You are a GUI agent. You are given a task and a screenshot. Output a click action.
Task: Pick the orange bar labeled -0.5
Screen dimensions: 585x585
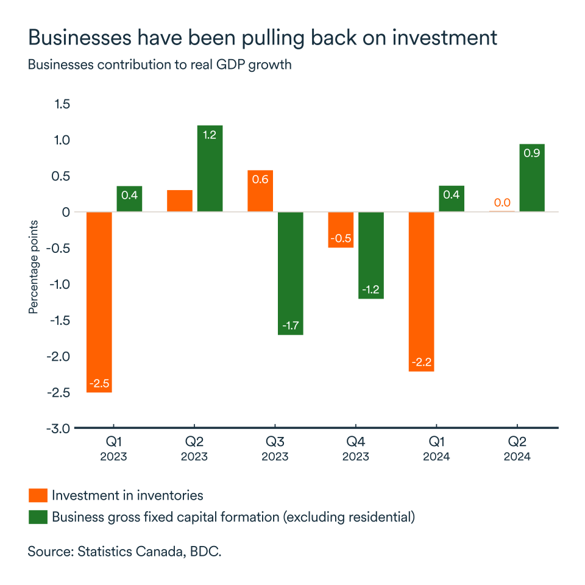(341, 230)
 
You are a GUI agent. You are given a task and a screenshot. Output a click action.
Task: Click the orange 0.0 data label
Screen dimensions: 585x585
(502, 203)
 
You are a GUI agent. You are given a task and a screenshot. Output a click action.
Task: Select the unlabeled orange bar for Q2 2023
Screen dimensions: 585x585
(179, 201)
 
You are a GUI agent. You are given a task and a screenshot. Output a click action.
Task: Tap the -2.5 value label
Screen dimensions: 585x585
(99, 384)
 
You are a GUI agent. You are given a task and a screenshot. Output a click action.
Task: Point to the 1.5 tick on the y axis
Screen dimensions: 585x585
(62, 104)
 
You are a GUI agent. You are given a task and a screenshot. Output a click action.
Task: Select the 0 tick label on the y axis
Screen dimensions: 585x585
(66, 212)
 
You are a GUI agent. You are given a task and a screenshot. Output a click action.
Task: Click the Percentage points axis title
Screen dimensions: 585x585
(34, 267)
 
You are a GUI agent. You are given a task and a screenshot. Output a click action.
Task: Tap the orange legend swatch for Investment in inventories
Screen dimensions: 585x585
(38, 495)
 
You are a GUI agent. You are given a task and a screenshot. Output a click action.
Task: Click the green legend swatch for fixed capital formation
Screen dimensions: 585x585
(38, 517)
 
